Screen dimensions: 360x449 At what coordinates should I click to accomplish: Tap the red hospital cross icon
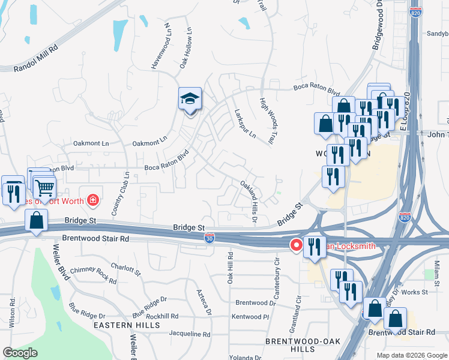pyautogui.click(x=93, y=199)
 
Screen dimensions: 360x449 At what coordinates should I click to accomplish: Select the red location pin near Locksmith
pyautogui.click(x=297, y=245)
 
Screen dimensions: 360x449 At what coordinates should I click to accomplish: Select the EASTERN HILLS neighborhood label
pyautogui.click(x=127, y=325)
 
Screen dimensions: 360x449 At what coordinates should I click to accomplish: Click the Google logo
pyautogui.click(x=20, y=352)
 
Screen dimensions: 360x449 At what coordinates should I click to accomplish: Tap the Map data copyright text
pyautogui.click(x=411, y=355)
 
